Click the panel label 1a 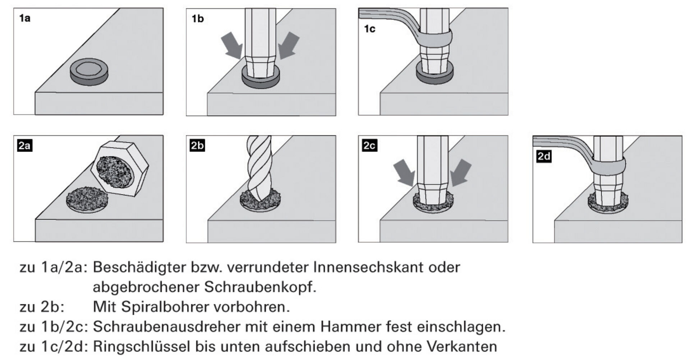tap(25, 18)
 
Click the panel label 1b tap(198, 18)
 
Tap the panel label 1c tap(369, 29)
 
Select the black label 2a tap(24, 146)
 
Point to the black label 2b tap(197, 146)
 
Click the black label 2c tap(369, 146)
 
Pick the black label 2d tap(544, 156)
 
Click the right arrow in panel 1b tap(289, 45)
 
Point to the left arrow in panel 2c tap(405, 172)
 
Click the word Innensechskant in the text tap(363, 267)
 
